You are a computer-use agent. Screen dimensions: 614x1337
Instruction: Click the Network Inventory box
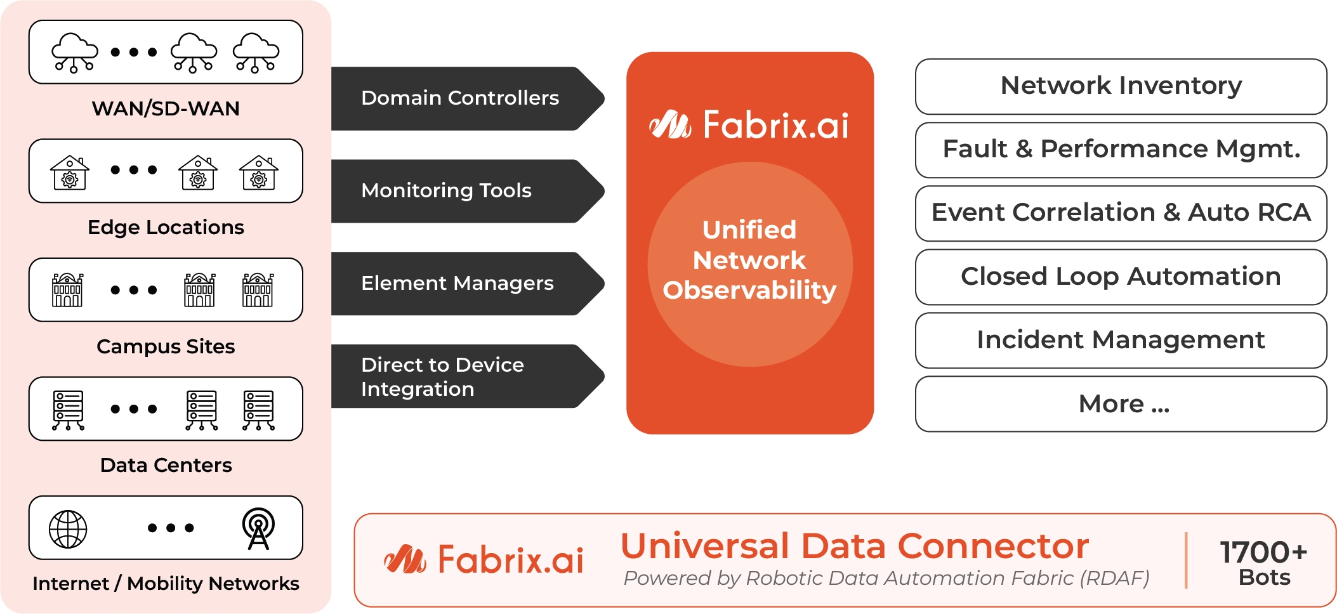click(x=1121, y=86)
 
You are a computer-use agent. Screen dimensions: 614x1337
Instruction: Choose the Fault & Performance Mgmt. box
click(x=1121, y=150)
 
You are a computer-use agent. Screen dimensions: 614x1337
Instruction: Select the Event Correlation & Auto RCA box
click(x=1121, y=213)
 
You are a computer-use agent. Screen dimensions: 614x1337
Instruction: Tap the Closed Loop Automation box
click(x=1121, y=277)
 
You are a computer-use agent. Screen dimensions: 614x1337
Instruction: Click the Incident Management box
click(x=1121, y=340)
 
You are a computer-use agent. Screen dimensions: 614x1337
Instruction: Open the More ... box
click(x=1121, y=404)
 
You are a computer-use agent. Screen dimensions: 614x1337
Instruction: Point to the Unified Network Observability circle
click(x=749, y=263)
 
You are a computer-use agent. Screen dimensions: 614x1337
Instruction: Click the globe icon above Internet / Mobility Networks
click(x=68, y=528)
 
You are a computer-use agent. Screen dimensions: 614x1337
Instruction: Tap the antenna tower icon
click(x=258, y=528)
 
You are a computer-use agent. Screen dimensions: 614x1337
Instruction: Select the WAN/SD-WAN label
click(x=166, y=108)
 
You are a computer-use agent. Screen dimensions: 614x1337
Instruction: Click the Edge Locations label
click(x=166, y=227)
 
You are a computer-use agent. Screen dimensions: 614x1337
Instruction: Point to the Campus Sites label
click(x=166, y=346)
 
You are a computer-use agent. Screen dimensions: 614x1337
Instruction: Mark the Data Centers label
click(x=166, y=465)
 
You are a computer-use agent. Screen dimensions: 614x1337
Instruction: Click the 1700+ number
click(x=1263, y=552)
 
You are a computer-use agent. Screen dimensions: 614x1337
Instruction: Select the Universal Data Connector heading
click(x=854, y=546)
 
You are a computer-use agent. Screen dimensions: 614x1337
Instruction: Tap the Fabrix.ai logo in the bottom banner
click(x=484, y=559)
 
